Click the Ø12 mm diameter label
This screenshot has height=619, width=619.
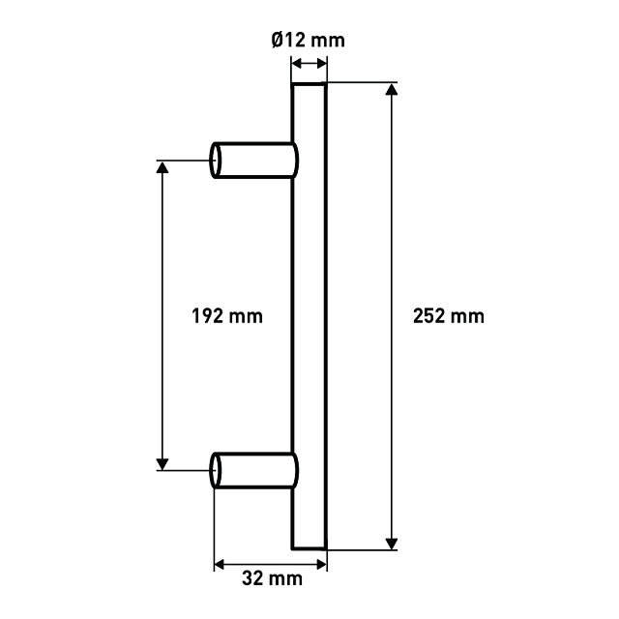point(308,41)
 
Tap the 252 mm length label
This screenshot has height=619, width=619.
point(449,316)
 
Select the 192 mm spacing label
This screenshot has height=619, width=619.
point(227,316)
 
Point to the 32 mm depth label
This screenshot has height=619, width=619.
point(273,578)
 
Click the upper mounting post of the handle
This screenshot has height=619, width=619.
point(253,161)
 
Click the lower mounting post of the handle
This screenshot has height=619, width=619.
point(253,471)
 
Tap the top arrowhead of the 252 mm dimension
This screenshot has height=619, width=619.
point(391,89)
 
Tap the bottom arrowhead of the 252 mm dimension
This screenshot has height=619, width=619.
point(391,544)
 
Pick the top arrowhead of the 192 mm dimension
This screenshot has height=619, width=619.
point(162,167)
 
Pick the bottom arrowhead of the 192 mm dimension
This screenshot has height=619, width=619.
point(162,464)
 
